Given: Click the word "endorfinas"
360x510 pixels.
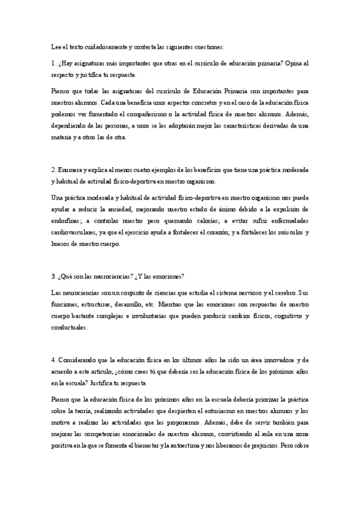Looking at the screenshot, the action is click(x=68, y=221).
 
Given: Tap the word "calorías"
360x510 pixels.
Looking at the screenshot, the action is click(x=189, y=221).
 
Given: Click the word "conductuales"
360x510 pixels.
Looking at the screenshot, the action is click(x=70, y=328).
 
